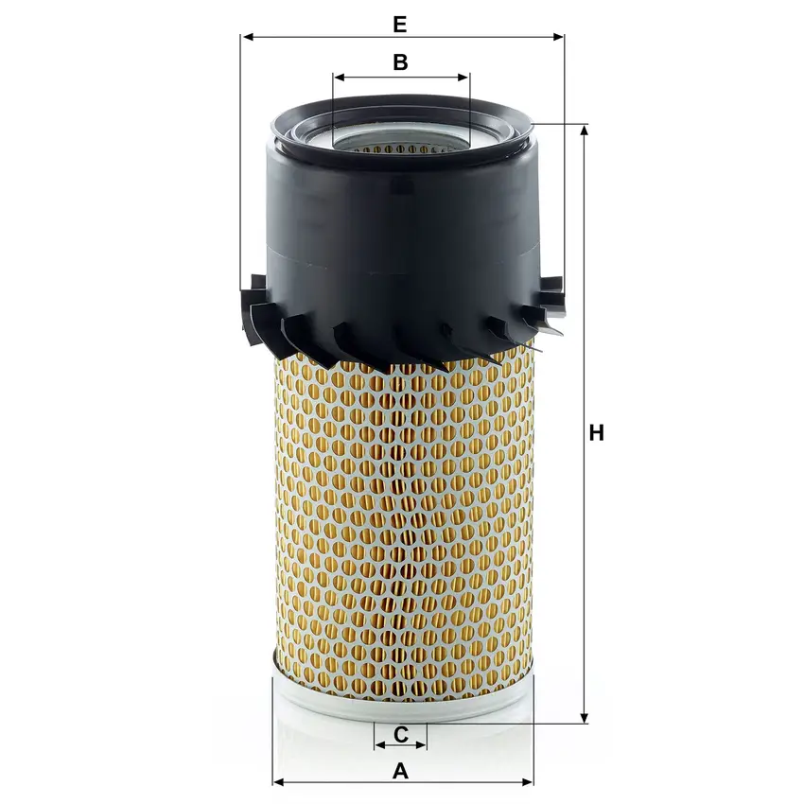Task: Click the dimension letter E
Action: [x=400, y=24]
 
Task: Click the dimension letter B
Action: [x=400, y=62]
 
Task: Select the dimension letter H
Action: [x=596, y=433]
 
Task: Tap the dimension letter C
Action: [x=401, y=734]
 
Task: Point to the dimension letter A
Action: [x=400, y=771]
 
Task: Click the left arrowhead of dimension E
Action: [x=248, y=37]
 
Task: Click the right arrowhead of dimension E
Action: [x=558, y=37]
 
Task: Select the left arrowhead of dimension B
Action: [x=340, y=78]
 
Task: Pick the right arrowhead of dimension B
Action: [x=463, y=78]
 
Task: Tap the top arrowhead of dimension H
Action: [x=584, y=131]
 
